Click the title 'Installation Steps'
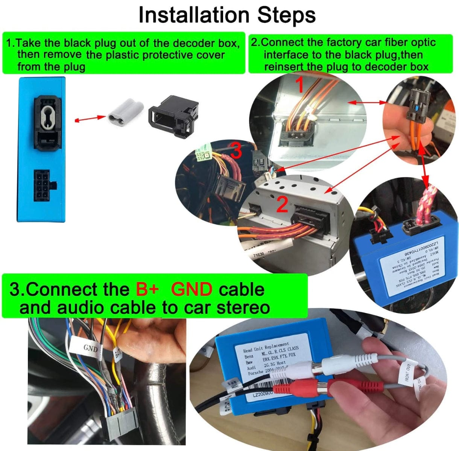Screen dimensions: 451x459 (227, 15)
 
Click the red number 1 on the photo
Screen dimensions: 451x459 (300, 85)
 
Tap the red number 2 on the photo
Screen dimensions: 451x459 (282, 204)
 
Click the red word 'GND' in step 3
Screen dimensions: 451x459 (192, 290)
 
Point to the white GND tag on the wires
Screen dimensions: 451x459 (90, 348)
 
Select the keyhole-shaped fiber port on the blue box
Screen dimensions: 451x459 (47, 111)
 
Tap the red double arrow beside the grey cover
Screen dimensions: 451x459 (90, 118)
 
